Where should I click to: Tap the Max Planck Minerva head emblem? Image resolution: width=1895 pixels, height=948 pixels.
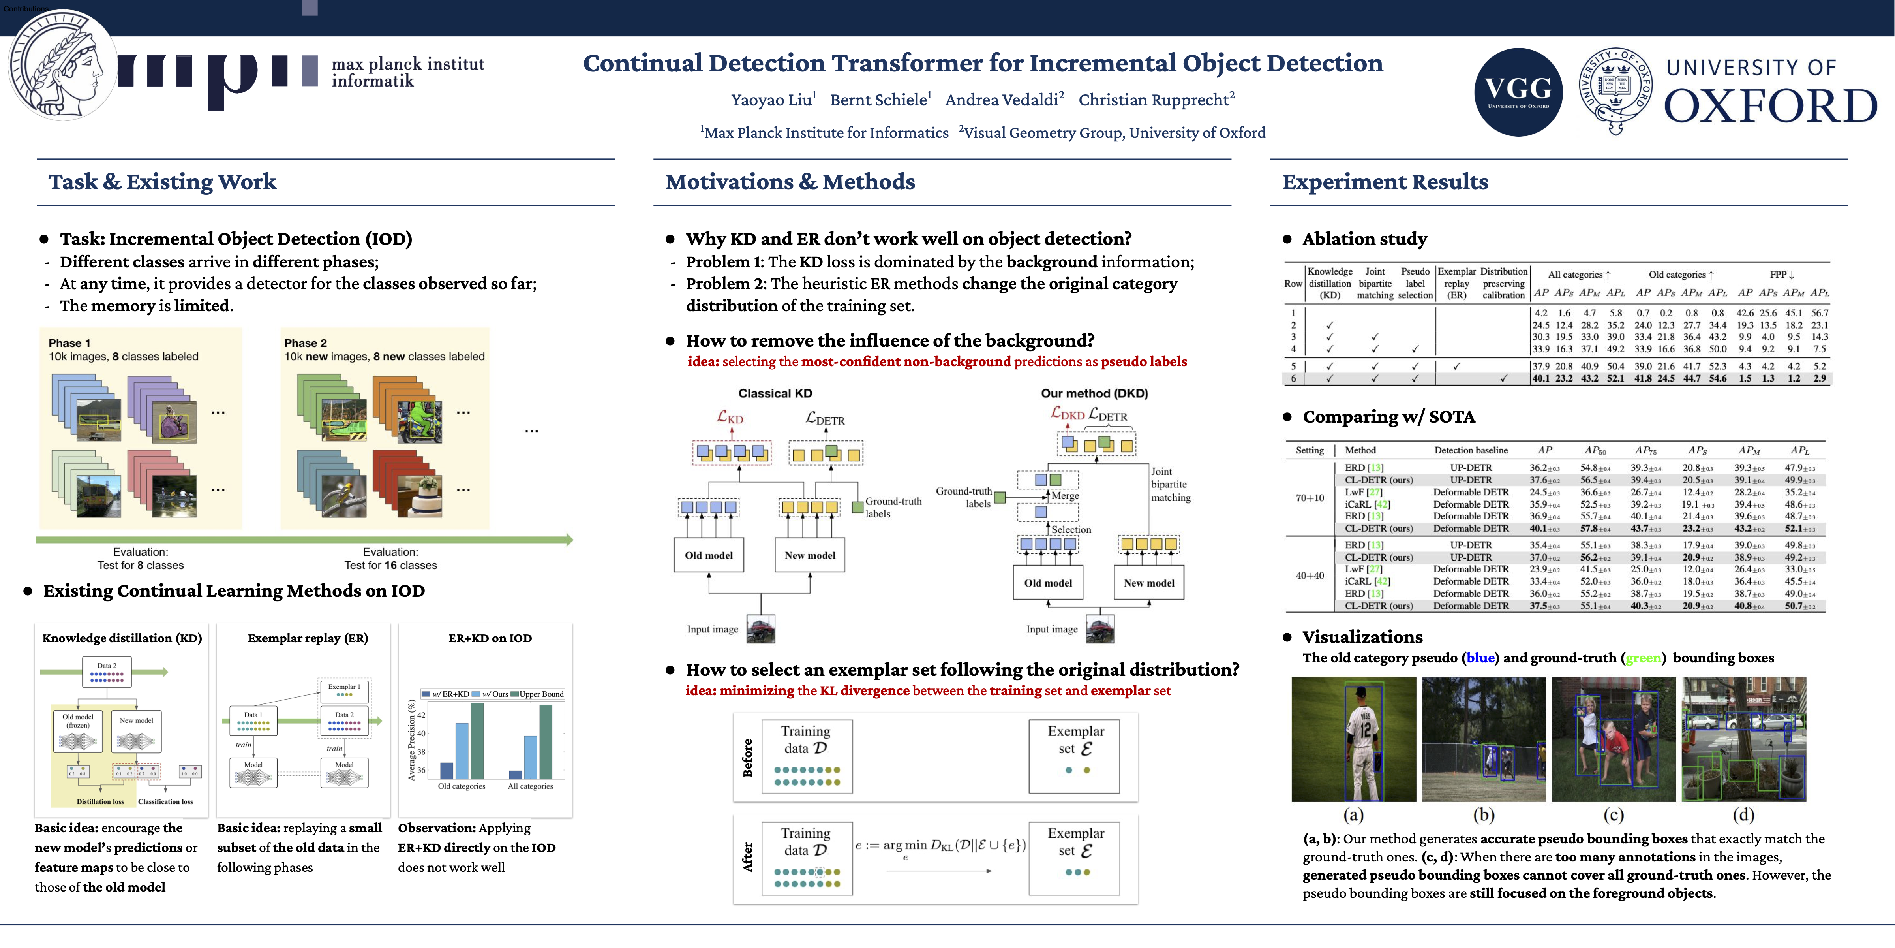coord(62,66)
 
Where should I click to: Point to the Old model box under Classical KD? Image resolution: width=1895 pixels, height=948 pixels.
coord(708,555)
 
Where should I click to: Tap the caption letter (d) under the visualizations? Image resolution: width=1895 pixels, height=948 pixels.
coord(1743,815)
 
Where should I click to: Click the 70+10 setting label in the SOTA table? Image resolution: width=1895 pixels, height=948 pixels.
coord(1310,498)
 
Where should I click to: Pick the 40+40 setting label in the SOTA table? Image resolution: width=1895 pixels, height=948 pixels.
coord(1310,576)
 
